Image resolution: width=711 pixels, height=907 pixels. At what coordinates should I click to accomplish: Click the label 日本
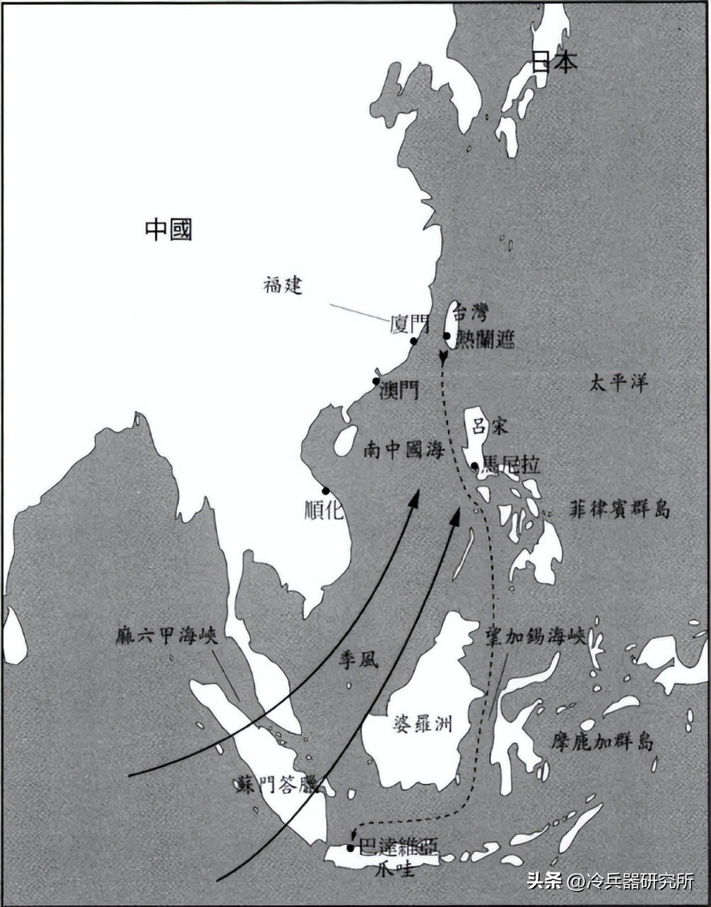pos(554,62)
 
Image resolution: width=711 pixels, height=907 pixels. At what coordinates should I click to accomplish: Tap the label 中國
pos(168,229)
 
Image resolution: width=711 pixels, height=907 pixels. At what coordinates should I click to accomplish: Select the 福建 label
pos(283,286)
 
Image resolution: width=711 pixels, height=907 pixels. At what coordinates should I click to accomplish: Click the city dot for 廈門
pos(413,342)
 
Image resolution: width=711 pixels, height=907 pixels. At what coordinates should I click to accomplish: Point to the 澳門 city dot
pos(377,381)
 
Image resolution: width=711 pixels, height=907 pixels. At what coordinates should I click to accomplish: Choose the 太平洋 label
pos(619,384)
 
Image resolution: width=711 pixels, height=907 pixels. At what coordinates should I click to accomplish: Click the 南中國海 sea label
pos(404,450)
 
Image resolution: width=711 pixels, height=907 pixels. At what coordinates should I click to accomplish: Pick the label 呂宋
pos(490,426)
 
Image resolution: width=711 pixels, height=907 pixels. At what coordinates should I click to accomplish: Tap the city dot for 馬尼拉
pos(475,466)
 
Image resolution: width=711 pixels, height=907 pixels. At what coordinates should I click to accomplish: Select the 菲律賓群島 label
pos(619,509)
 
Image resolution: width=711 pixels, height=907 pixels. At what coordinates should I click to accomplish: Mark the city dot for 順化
pos(326,490)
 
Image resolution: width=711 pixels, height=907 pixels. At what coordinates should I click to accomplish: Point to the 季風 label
pos(358,660)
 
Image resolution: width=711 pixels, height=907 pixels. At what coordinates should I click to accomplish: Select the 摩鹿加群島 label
pos(602,742)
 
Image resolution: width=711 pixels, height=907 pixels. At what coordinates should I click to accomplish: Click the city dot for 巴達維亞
pos(351,848)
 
